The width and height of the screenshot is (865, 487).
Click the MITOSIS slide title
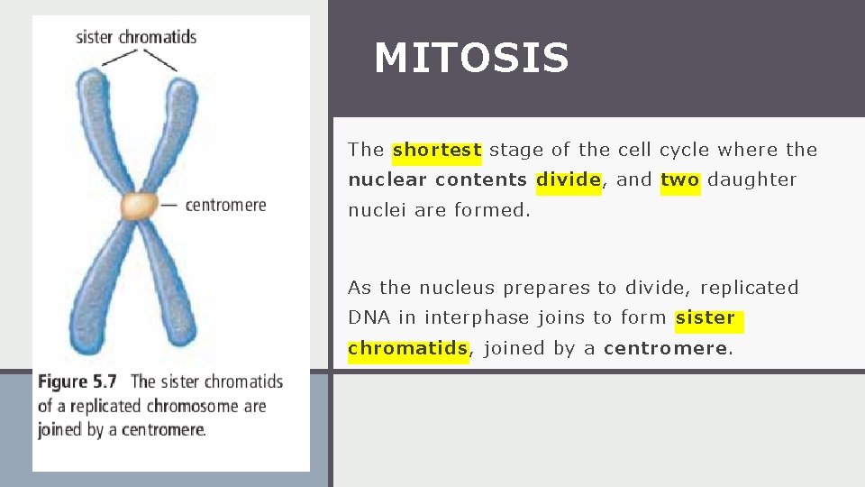point(471,59)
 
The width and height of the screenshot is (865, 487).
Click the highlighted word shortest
point(437,151)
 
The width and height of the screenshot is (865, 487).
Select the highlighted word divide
point(568,179)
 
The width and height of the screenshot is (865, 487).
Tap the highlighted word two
point(679,179)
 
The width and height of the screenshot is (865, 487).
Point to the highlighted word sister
point(706,318)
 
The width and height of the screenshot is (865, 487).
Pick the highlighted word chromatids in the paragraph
point(407,348)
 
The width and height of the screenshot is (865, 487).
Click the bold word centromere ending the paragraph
point(664,348)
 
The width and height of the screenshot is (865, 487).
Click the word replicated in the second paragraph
point(749,289)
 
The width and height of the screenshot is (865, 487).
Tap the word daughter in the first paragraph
point(751,179)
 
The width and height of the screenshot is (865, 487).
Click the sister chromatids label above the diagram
point(136,37)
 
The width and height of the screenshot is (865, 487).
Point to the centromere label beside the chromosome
point(225,205)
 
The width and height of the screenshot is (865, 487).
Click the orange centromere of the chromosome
point(140,207)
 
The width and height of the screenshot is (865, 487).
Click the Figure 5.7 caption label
point(79,381)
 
